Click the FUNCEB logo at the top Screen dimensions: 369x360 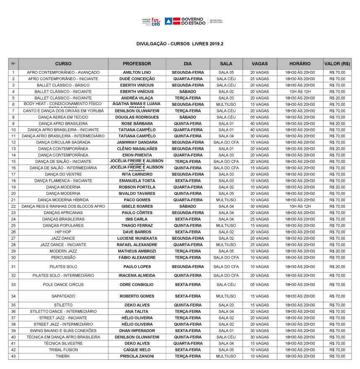(x=152, y=21)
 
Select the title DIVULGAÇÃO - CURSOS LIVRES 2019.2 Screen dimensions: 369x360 (x=180, y=44)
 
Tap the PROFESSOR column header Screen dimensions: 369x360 (x=137, y=64)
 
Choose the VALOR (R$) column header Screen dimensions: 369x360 (x=337, y=64)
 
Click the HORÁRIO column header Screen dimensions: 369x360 (x=300, y=64)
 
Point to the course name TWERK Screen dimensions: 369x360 (x=63, y=356)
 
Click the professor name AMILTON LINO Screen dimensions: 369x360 (x=137, y=73)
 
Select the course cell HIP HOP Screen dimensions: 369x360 (x=63, y=232)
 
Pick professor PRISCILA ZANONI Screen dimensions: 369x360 (x=137, y=356)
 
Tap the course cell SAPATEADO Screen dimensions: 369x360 (x=63, y=296)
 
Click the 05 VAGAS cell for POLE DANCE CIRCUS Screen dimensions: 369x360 (x=259, y=285)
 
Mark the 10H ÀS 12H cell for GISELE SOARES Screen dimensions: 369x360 (x=300, y=207)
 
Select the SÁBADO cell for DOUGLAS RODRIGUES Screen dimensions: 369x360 (x=188, y=117)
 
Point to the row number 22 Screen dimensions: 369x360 (x=13, y=207)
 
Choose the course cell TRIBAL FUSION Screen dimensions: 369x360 (x=63, y=350)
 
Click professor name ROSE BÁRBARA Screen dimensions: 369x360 (x=137, y=124)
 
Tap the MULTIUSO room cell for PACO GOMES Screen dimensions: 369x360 (x=226, y=200)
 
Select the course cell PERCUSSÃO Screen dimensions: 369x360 (x=63, y=258)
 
